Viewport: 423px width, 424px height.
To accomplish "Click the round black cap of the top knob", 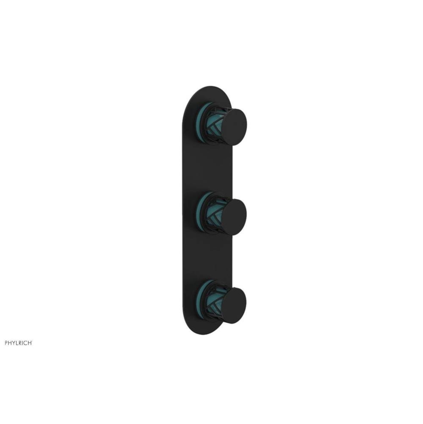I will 234,127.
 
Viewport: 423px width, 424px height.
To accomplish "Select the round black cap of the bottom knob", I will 234,306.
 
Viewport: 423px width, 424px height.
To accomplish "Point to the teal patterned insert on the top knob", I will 214,126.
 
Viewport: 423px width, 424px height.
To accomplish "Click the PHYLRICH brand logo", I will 18,343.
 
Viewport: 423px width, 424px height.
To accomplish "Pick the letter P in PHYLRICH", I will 6,343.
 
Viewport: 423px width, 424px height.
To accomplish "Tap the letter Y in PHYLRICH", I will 14,343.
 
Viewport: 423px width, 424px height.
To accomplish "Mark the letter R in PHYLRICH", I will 21,343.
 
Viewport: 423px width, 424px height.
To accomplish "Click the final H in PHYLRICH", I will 30,343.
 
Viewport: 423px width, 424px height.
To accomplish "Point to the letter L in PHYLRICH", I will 17,343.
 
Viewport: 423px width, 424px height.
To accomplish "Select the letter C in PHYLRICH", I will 26,343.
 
